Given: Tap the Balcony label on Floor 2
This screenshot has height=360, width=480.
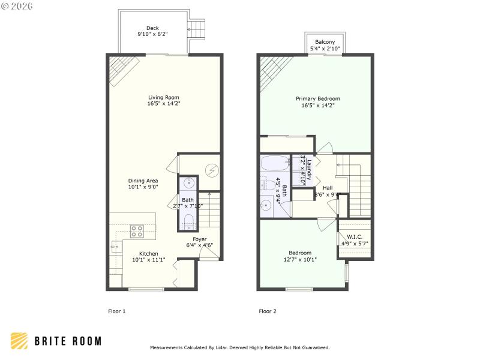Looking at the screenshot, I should (x=325, y=41).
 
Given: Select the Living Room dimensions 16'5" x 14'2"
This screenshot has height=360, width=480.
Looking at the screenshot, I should (x=164, y=104).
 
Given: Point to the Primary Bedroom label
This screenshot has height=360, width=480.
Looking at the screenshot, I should (x=317, y=98).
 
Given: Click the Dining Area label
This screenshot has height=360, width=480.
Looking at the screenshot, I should (x=143, y=181).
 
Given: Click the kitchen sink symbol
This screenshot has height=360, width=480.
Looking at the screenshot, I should (x=115, y=247).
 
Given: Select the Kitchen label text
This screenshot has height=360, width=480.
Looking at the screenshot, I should (x=149, y=253).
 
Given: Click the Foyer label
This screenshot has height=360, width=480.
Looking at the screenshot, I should (x=200, y=239).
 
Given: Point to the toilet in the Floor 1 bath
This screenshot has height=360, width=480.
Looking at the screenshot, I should (x=188, y=221).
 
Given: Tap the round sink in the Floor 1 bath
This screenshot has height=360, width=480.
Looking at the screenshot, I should (x=188, y=182).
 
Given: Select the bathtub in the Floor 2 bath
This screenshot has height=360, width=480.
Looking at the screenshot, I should (x=275, y=164).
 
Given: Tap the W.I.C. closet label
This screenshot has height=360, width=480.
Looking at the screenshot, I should (x=354, y=236).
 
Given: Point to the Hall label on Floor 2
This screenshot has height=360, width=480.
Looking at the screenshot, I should (x=328, y=188).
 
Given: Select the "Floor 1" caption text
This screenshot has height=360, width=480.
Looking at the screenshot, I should (x=116, y=311).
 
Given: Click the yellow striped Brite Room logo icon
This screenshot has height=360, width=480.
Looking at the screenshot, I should (x=19, y=341).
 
